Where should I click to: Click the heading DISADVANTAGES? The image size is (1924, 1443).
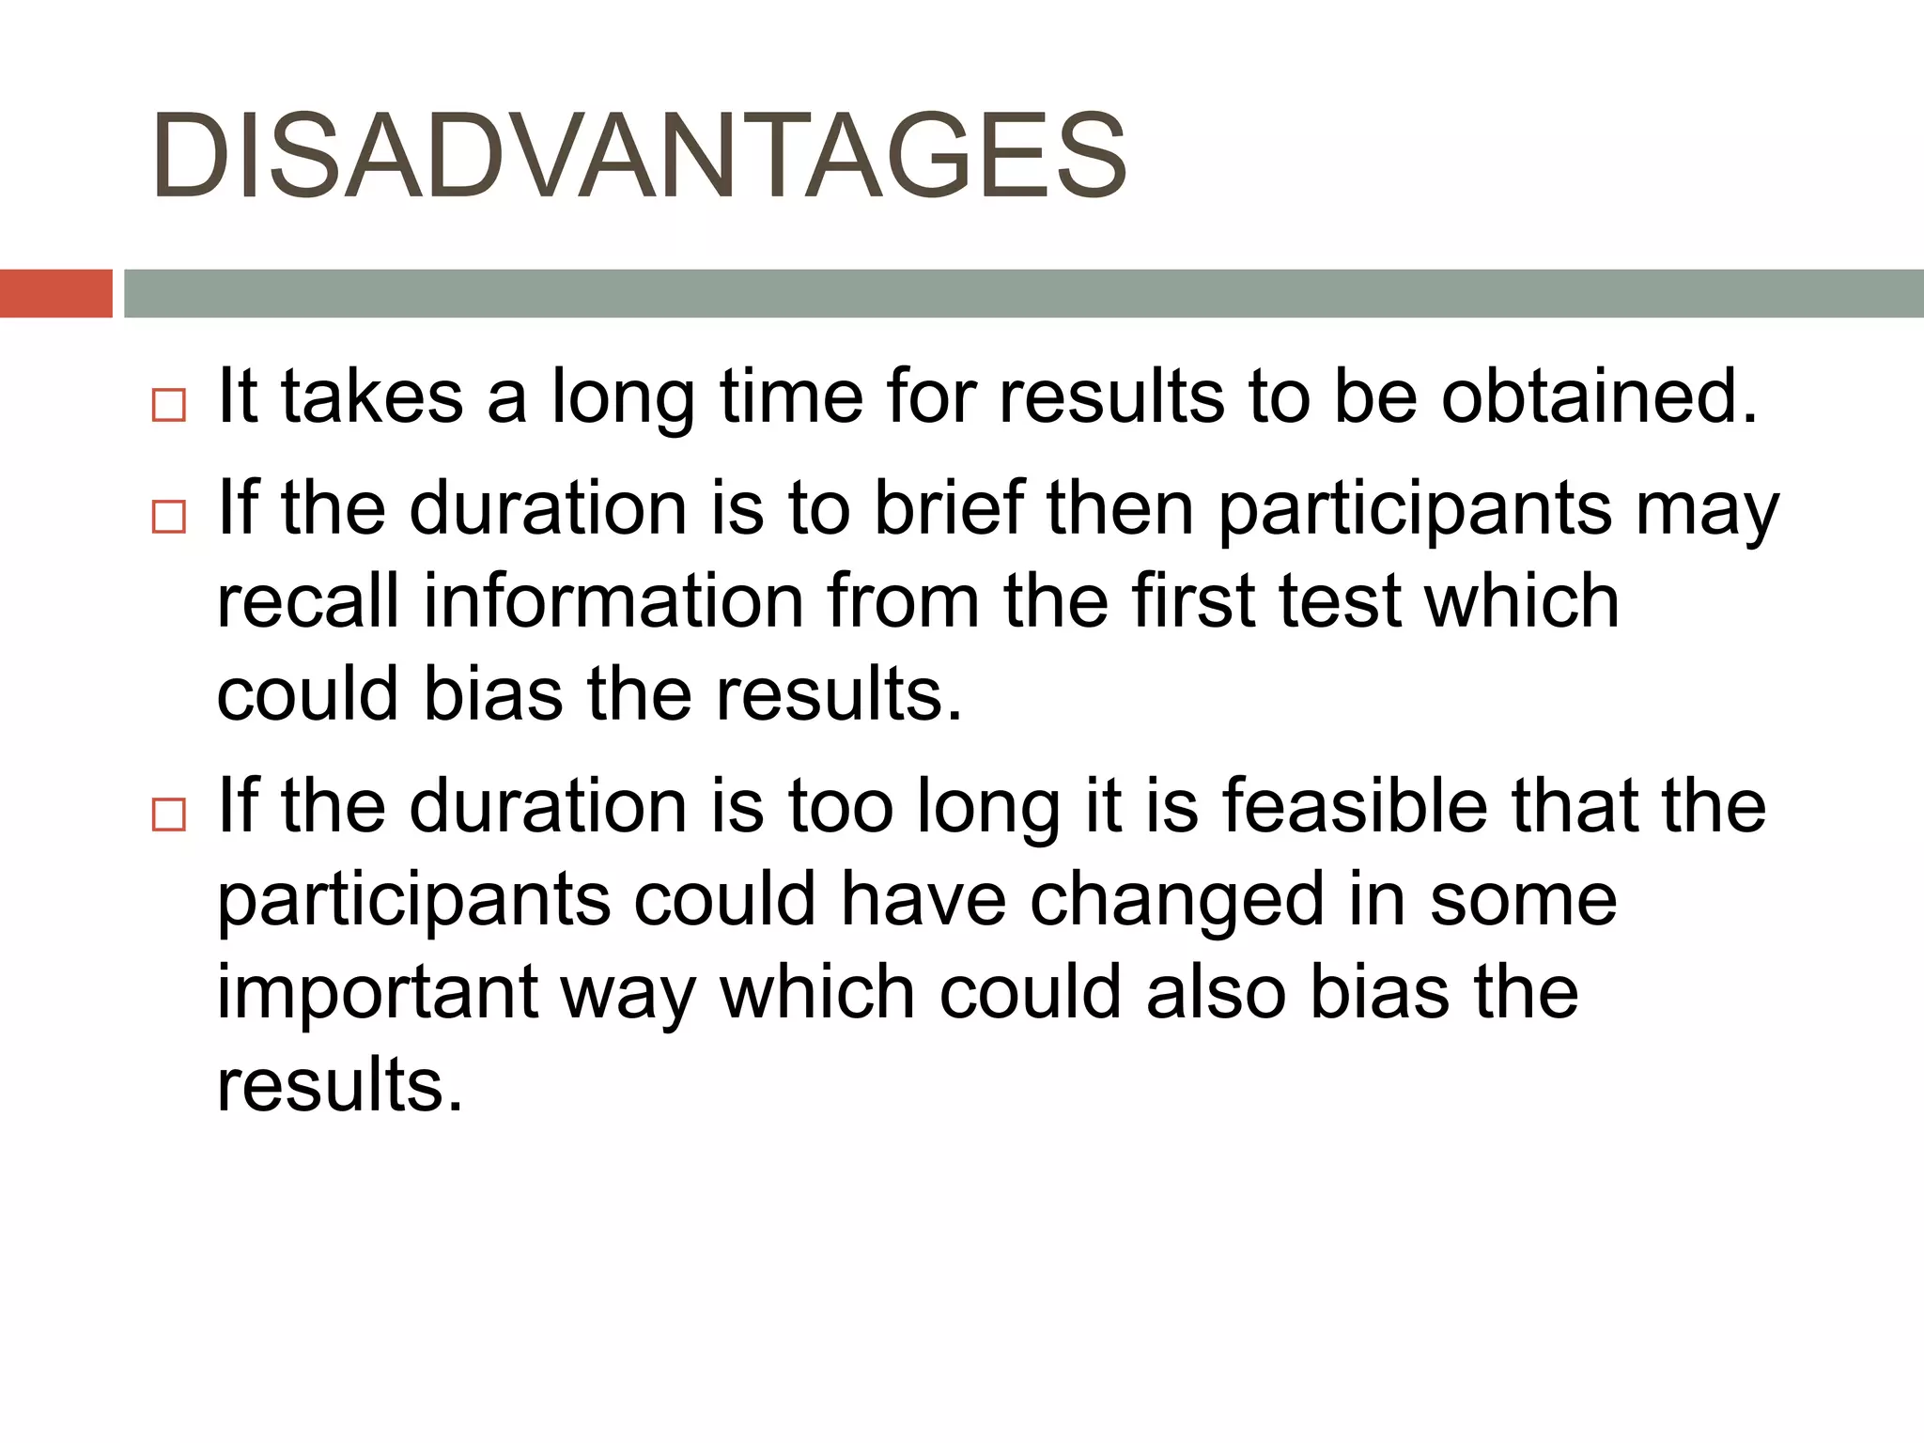click(639, 156)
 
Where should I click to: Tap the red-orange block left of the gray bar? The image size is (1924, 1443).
click(55, 293)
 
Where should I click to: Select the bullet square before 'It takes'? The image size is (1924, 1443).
click(169, 406)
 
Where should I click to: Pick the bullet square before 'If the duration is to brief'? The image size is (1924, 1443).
click(169, 517)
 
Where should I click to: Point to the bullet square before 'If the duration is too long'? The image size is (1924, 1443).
click(169, 815)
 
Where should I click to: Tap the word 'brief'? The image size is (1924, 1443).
click(949, 508)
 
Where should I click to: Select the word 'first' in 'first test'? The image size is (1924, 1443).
click(1192, 601)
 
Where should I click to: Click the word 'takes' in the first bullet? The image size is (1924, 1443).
click(372, 396)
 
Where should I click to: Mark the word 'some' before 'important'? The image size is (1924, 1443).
click(1523, 900)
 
